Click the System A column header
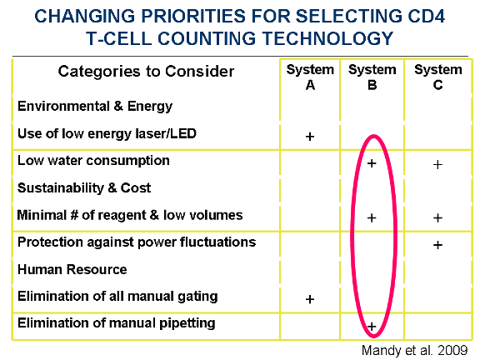(310, 77)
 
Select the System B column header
(372, 77)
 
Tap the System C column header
(438, 77)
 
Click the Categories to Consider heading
(146, 72)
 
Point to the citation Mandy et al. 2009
(414, 351)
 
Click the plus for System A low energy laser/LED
(310, 136)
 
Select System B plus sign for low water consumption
(372, 163)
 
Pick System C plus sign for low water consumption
(437, 165)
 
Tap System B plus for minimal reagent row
(372, 218)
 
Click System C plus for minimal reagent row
(437, 218)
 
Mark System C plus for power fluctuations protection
(437, 245)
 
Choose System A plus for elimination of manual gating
(310, 299)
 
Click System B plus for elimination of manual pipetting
(372, 327)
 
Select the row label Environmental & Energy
(95, 107)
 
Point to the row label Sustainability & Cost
(84, 188)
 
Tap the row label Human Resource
(72, 269)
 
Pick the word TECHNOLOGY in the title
(327, 38)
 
